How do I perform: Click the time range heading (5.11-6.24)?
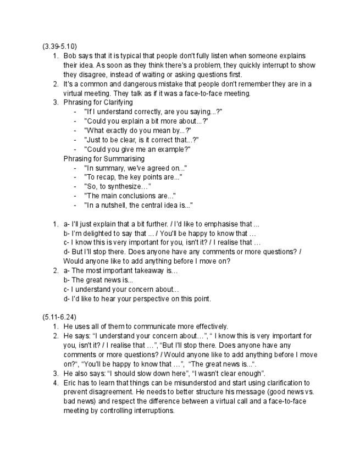[x=59, y=317]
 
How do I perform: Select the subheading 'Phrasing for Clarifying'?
[x=98, y=102]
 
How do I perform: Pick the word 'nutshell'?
[x=110, y=205]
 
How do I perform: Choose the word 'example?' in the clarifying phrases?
[x=175, y=149]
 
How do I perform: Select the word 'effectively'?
[x=207, y=326]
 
